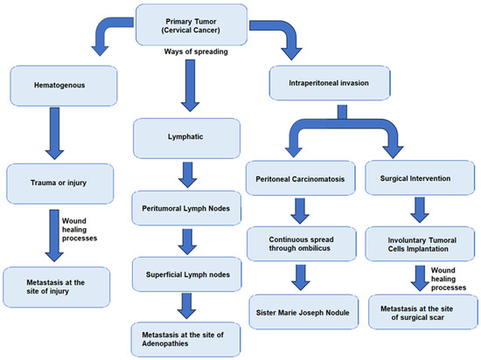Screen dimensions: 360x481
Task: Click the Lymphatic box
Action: click(x=187, y=137)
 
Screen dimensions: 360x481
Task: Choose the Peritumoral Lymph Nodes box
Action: click(x=187, y=211)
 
